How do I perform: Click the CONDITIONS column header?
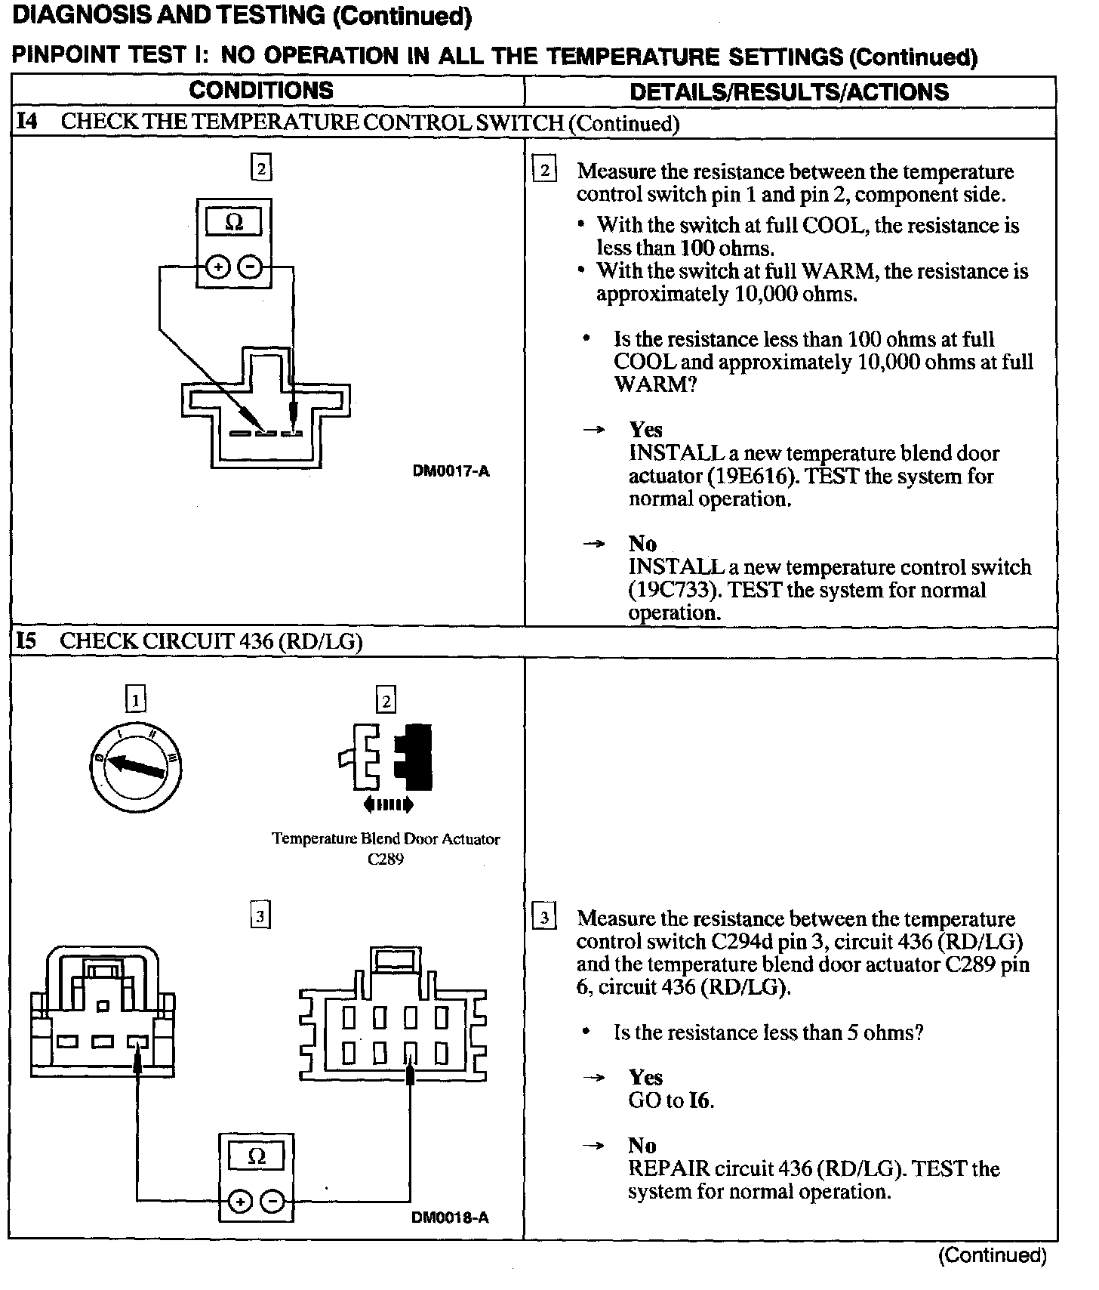[x=261, y=91]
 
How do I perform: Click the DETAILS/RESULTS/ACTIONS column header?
[x=789, y=92]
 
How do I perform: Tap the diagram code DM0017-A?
[x=451, y=471]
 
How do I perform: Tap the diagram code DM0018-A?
[x=450, y=1217]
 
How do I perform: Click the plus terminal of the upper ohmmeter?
[x=217, y=267]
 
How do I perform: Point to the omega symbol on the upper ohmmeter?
[x=234, y=223]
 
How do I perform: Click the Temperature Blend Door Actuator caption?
[x=386, y=839]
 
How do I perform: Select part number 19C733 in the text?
[x=675, y=591]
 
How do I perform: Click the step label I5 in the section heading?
[x=26, y=642]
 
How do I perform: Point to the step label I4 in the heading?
[x=27, y=122]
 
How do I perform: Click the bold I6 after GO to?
[x=700, y=1101]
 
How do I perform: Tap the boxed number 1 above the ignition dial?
[x=135, y=700]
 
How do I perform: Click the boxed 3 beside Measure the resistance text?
[x=544, y=918]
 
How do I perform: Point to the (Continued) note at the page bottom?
[x=992, y=1256]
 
